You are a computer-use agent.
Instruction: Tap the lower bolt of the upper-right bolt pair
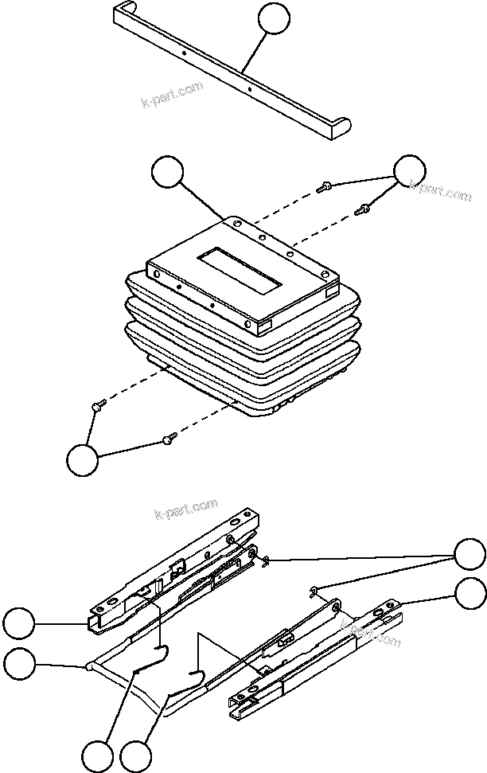click(x=362, y=210)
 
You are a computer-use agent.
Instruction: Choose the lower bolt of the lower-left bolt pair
click(x=168, y=437)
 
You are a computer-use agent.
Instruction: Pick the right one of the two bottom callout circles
click(x=136, y=755)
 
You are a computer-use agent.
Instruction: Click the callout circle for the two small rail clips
click(x=469, y=554)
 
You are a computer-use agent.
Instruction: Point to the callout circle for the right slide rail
click(x=469, y=593)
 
